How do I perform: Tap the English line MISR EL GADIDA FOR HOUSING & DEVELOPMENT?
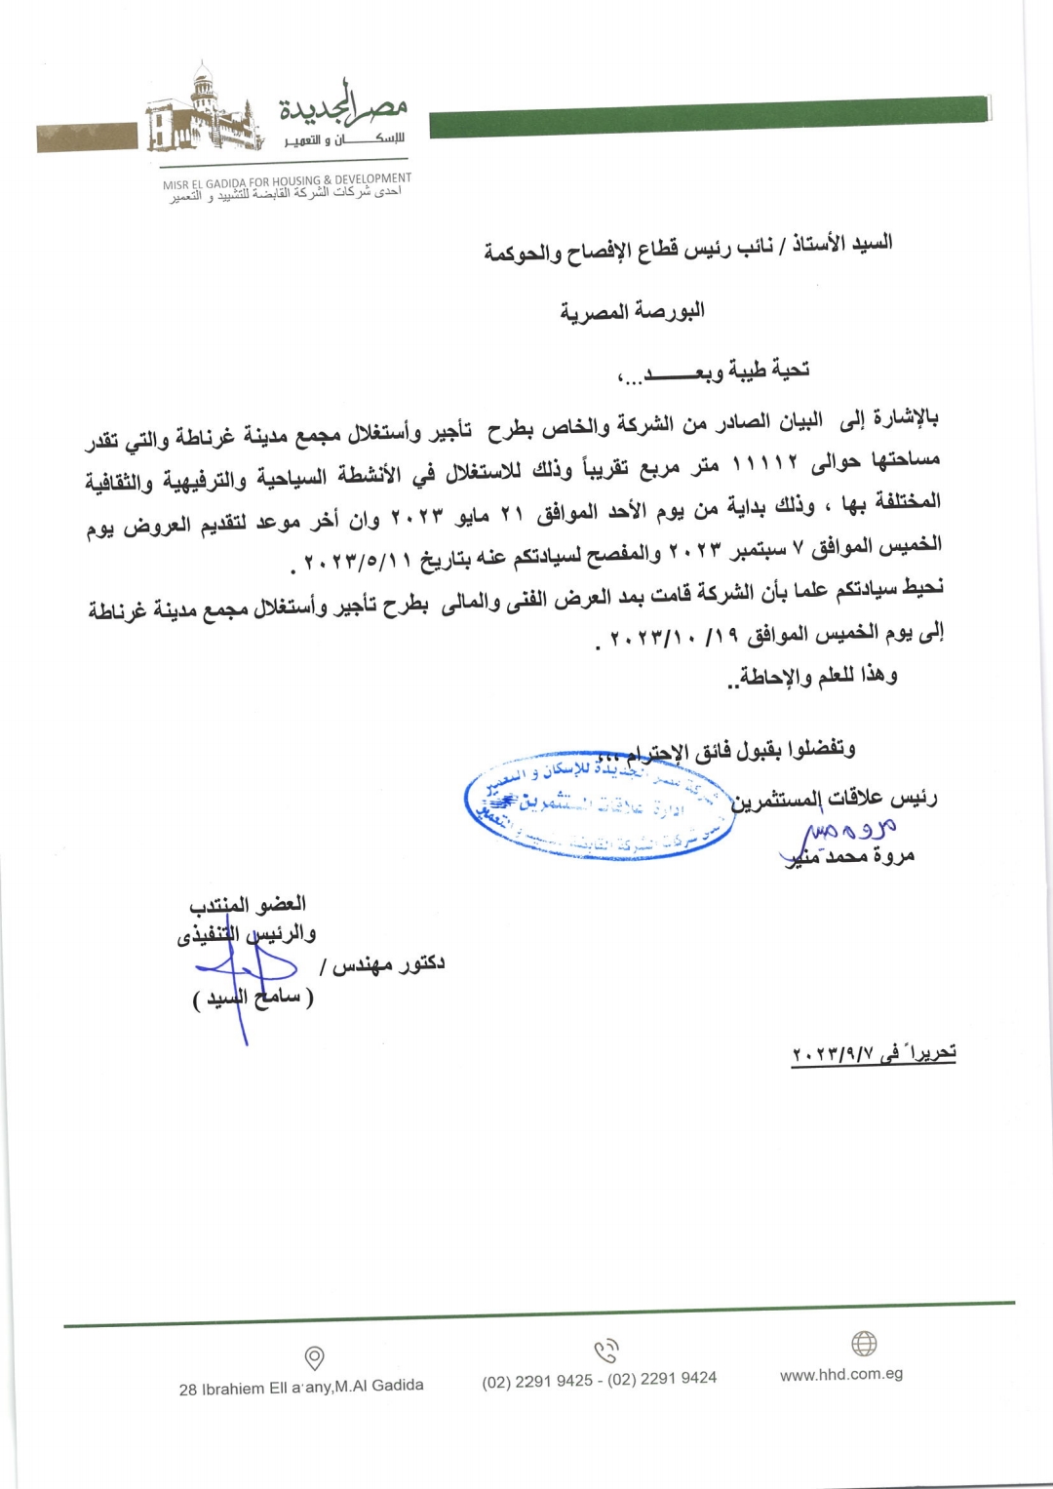tap(287, 180)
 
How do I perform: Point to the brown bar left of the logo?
tap(87, 137)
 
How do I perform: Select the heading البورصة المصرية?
tap(632, 311)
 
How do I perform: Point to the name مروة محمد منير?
tap(848, 856)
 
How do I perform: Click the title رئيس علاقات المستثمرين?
tap(835, 799)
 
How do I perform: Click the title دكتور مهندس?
tap(382, 965)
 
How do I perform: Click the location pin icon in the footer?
tap(314, 1356)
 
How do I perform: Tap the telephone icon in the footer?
tap(606, 1352)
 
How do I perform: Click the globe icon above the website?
tap(864, 1344)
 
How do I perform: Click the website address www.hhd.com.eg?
tap(841, 1374)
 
